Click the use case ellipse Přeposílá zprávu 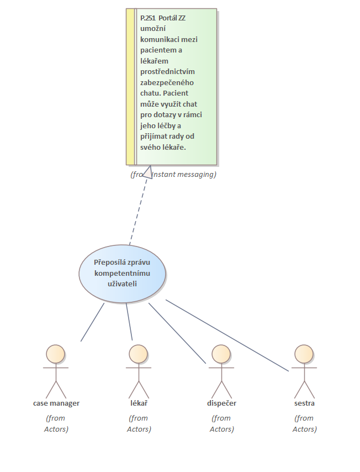(122, 274)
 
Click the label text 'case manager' (56, 403)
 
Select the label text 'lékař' (139, 403)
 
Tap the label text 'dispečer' (221, 403)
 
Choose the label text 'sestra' (304, 403)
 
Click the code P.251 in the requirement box (148, 18)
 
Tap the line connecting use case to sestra (226, 335)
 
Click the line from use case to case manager (92, 322)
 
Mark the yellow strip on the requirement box (130, 86)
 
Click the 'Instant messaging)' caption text (184, 175)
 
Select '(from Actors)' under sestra (304, 424)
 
